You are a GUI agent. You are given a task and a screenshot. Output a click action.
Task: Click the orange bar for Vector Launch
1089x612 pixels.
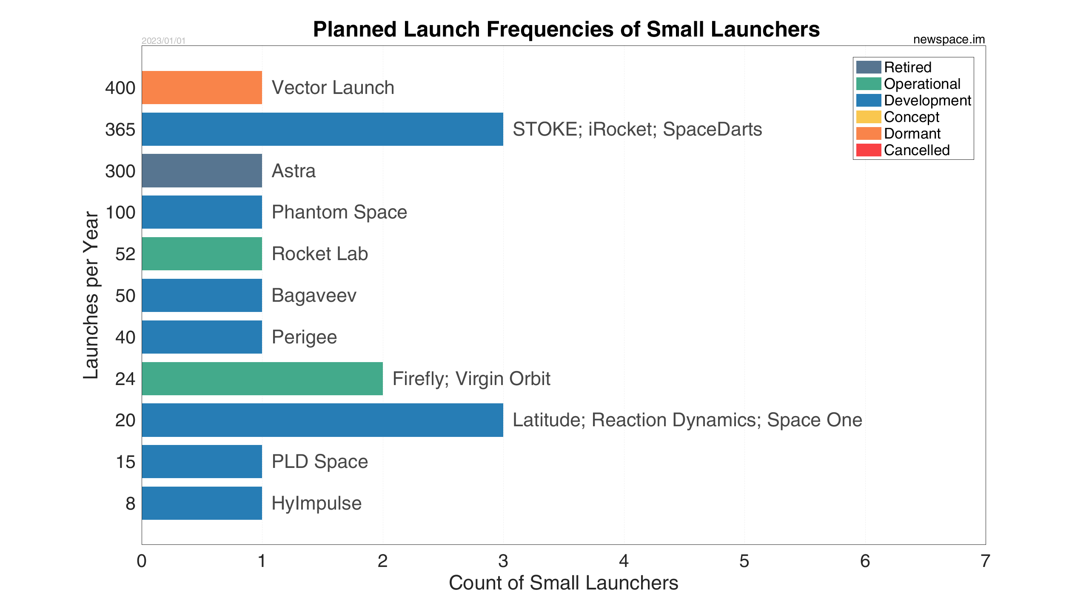tap(202, 88)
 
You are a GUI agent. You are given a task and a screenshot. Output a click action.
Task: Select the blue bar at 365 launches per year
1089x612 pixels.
tap(322, 129)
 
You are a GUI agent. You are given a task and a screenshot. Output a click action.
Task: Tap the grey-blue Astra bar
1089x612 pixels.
tap(202, 170)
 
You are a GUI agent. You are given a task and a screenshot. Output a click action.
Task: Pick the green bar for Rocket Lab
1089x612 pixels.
tap(202, 254)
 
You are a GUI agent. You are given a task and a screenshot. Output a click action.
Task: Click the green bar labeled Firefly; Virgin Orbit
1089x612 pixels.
tap(262, 379)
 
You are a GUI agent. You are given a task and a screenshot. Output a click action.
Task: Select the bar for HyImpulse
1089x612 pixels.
tap(202, 503)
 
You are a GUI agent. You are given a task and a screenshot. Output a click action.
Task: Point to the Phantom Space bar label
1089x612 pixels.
tap(339, 212)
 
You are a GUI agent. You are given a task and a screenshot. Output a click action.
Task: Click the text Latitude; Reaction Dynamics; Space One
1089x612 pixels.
tap(687, 420)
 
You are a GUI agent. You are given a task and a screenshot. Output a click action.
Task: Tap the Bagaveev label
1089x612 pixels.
tap(314, 295)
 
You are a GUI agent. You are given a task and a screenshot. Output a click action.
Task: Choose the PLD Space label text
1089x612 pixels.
tap(320, 462)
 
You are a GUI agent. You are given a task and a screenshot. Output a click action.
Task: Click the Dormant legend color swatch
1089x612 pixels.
tap(868, 133)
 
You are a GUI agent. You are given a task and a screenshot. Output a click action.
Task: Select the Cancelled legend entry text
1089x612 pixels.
tap(917, 150)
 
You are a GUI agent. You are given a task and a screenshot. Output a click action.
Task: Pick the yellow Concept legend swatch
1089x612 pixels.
tap(868, 117)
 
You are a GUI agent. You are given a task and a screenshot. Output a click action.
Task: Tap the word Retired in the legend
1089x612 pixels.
tap(908, 67)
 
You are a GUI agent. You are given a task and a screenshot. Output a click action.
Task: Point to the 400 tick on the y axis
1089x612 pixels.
tap(120, 88)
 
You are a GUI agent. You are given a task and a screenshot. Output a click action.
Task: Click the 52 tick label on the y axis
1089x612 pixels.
tap(125, 254)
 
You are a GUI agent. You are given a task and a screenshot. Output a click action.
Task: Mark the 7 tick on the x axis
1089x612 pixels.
tap(985, 561)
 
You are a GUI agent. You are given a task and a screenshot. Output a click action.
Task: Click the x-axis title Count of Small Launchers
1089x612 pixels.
tap(564, 583)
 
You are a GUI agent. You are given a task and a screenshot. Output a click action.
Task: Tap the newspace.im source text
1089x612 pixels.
tap(949, 40)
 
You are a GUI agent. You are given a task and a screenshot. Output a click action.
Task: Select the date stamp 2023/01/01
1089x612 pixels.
tap(164, 41)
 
